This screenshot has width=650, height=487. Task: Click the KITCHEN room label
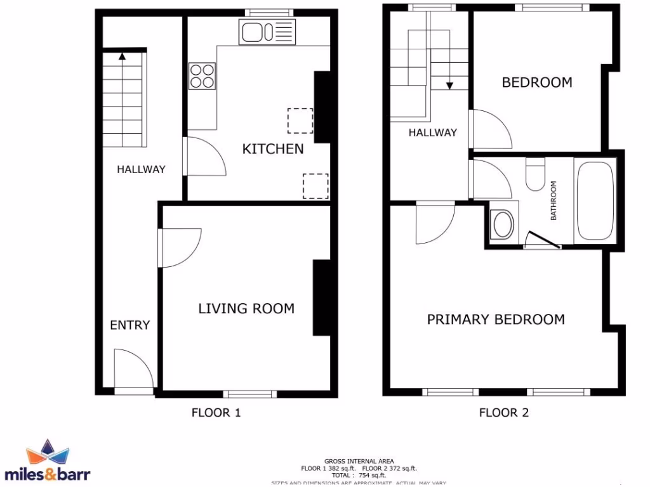[x=273, y=149]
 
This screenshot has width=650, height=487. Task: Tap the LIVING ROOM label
[x=246, y=309]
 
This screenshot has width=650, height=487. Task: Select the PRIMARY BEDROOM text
[x=495, y=319]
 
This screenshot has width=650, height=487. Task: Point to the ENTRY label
[x=129, y=325]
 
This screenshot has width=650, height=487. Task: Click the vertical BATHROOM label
[x=554, y=200]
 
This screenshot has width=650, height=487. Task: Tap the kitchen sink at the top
[x=267, y=32]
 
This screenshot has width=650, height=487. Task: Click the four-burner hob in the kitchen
[x=202, y=75]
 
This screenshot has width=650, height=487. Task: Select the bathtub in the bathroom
[x=595, y=200]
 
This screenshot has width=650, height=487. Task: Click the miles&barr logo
[x=48, y=461]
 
